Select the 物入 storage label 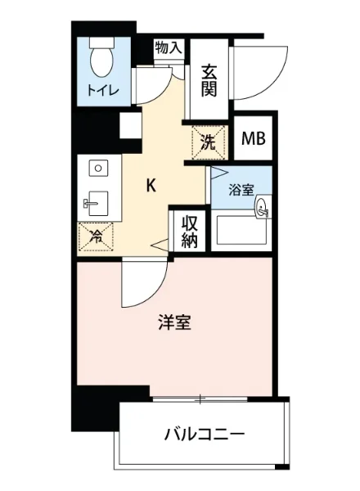click(169, 48)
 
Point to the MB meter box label click(252, 139)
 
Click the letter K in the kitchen click(151, 185)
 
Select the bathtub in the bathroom click(241, 233)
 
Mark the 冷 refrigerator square click(97, 236)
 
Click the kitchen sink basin click(98, 201)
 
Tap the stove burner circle click(97, 169)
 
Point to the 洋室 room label click(175, 323)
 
